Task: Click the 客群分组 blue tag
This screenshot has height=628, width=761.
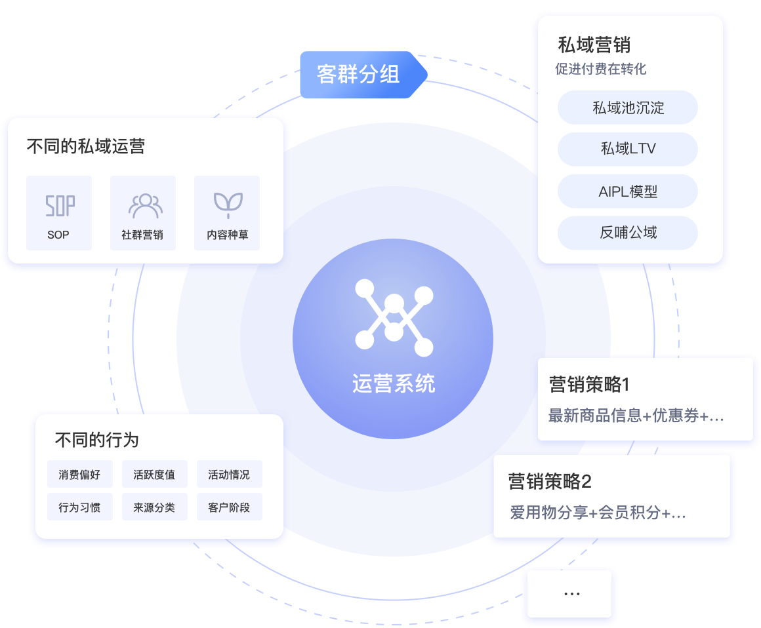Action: point(360,74)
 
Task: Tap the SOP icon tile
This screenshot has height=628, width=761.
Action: point(59,212)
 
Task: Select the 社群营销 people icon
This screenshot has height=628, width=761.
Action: point(143,206)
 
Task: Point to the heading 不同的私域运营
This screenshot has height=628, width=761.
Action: point(85,146)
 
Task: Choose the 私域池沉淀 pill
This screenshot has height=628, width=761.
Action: point(628,108)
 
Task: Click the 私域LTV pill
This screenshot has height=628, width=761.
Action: point(628,149)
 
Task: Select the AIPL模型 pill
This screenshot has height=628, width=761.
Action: point(628,191)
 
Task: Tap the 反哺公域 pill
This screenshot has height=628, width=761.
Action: point(628,233)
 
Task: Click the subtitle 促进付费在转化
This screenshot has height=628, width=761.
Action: point(601,69)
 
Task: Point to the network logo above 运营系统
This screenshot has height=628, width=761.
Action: point(394,317)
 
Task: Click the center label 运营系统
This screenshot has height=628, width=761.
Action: point(394,383)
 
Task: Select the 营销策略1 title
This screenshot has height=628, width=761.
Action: point(589,384)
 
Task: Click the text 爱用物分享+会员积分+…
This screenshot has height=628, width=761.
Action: point(598,513)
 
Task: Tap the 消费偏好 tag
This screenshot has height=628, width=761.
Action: point(80,475)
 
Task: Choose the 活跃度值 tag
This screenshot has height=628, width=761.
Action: point(155,475)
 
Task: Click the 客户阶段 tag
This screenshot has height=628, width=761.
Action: point(229,507)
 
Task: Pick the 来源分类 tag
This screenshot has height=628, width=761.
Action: point(155,507)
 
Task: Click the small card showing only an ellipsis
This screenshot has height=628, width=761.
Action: point(571,594)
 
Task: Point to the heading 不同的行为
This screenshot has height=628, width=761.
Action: point(97,440)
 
